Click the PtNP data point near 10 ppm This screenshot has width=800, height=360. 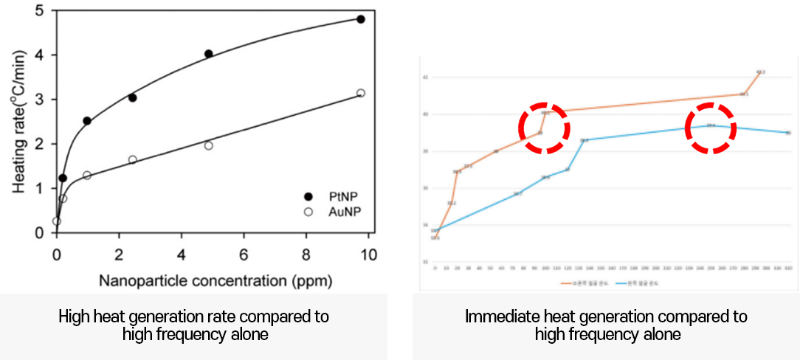[360, 19]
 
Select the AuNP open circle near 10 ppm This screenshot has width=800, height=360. [360, 93]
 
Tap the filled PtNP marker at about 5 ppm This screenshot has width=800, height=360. [208, 54]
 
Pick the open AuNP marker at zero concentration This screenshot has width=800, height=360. [57, 221]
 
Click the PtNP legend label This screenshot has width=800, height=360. [342, 195]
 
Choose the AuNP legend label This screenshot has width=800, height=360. [342, 212]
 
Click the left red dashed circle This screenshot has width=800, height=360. [544, 128]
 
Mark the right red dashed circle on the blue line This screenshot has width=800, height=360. [710, 128]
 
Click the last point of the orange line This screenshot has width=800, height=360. [759, 72]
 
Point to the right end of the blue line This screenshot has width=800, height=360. [787, 133]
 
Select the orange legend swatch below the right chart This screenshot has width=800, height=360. [566, 283]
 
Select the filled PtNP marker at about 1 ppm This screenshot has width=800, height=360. [87, 121]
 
